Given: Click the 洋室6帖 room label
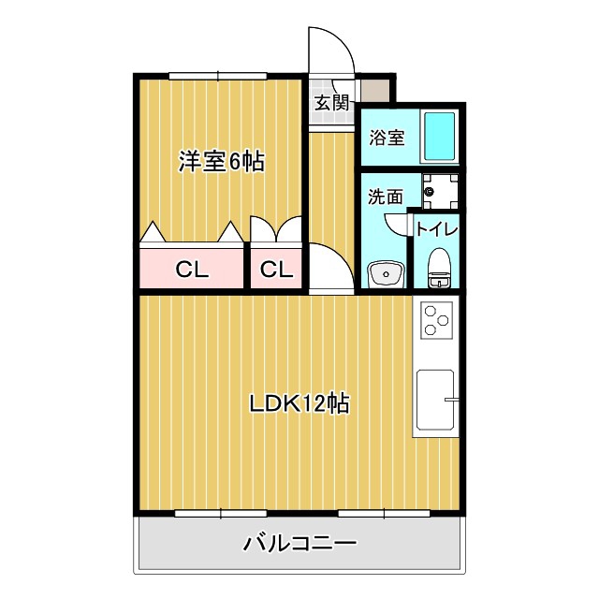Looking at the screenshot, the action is (x=221, y=162).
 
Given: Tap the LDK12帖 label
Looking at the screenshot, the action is (x=299, y=403).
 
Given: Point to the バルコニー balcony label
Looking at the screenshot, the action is (x=299, y=543).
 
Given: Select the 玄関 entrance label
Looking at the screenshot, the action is (x=331, y=102).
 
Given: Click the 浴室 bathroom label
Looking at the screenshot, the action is (x=387, y=138).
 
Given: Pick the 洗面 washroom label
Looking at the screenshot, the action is (x=386, y=196).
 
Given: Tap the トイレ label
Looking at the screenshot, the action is (x=437, y=229).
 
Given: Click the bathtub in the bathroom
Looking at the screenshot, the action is (x=439, y=137).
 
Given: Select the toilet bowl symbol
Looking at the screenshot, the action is (x=439, y=268).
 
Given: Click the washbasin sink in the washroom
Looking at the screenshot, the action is (x=386, y=273).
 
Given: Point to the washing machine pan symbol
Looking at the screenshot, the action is (x=440, y=191).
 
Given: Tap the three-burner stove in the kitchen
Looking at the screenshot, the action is (x=436, y=320).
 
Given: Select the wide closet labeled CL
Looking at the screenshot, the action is (x=191, y=269).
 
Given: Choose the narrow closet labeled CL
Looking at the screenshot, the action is (x=277, y=269).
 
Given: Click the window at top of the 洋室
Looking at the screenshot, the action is (x=218, y=76).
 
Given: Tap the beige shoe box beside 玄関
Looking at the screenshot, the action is (x=375, y=91).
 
